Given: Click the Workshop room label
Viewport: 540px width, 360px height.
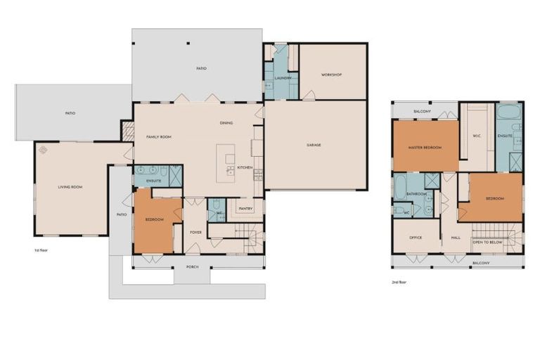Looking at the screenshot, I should [331, 75].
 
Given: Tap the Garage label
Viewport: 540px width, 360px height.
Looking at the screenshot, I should [314, 145].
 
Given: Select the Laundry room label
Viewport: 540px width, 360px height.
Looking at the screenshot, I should [283, 77].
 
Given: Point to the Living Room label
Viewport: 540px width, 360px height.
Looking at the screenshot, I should [70, 186].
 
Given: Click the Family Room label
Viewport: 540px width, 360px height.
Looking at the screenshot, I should [159, 136].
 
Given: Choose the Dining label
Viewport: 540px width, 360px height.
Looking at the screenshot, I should [226, 123].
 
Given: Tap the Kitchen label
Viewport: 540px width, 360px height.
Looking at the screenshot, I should [244, 167].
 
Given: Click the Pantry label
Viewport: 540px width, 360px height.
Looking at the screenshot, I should [245, 208].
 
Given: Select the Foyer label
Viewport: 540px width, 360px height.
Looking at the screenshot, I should [195, 231].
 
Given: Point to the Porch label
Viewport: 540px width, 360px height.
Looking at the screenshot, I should [192, 266].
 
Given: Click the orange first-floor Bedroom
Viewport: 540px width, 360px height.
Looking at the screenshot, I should [155, 219].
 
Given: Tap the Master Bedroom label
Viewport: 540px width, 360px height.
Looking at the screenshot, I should [426, 147].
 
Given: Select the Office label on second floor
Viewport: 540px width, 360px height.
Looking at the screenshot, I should [416, 237].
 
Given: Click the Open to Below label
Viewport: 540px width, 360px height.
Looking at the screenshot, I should [487, 241].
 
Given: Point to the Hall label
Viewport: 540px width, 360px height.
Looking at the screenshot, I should [455, 237].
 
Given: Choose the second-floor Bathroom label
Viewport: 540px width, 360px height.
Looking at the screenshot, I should [417, 193].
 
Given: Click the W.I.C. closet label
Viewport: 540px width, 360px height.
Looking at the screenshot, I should [477, 136].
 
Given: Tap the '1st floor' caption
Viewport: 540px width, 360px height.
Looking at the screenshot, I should [41, 250].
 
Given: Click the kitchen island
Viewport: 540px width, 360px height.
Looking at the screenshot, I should [226, 163].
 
